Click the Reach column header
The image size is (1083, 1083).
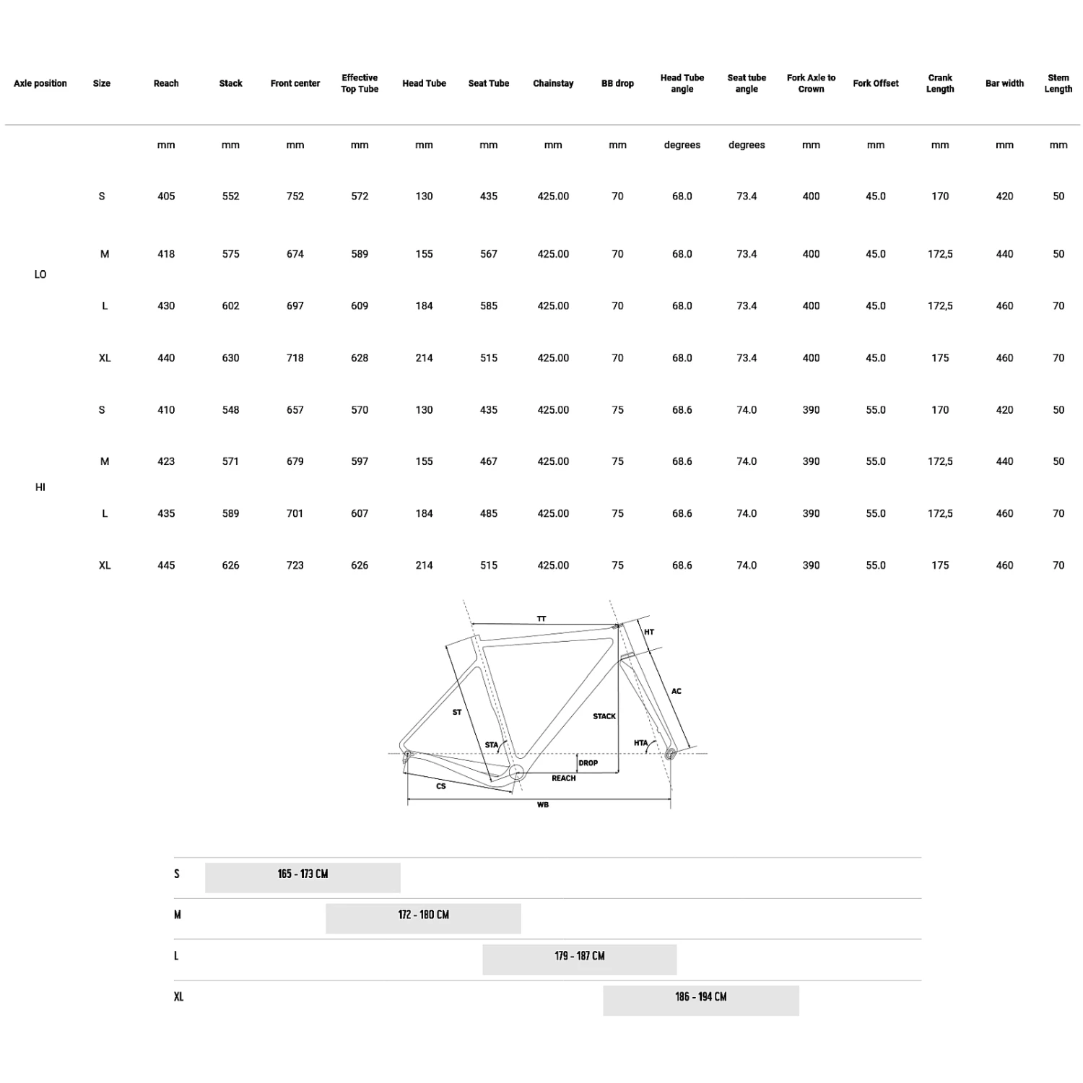click(166, 84)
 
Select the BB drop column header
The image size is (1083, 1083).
click(617, 84)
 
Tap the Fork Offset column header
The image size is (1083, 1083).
click(876, 84)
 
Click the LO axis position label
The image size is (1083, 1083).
click(40, 274)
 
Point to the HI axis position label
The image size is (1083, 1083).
click(40, 487)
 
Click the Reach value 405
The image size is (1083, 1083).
click(166, 196)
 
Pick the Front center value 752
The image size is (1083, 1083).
click(295, 196)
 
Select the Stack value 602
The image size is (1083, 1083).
click(230, 306)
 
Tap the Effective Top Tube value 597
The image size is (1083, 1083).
click(360, 461)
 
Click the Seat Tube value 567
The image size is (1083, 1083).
click(489, 254)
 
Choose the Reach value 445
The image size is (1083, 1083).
click(166, 565)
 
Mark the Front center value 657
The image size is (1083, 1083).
click(295, 410)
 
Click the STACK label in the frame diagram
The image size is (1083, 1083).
click(604, 716)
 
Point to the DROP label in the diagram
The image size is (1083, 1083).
click(588, 763)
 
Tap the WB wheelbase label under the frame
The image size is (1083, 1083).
click(543, 805)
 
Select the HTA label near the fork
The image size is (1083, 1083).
click(641, 743)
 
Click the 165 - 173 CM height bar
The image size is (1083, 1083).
click(303, 877)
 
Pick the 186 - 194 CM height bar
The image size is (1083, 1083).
click(701, 1000)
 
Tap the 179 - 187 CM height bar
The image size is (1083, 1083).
click(580, 959)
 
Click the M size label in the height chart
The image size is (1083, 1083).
click(178, 915)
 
